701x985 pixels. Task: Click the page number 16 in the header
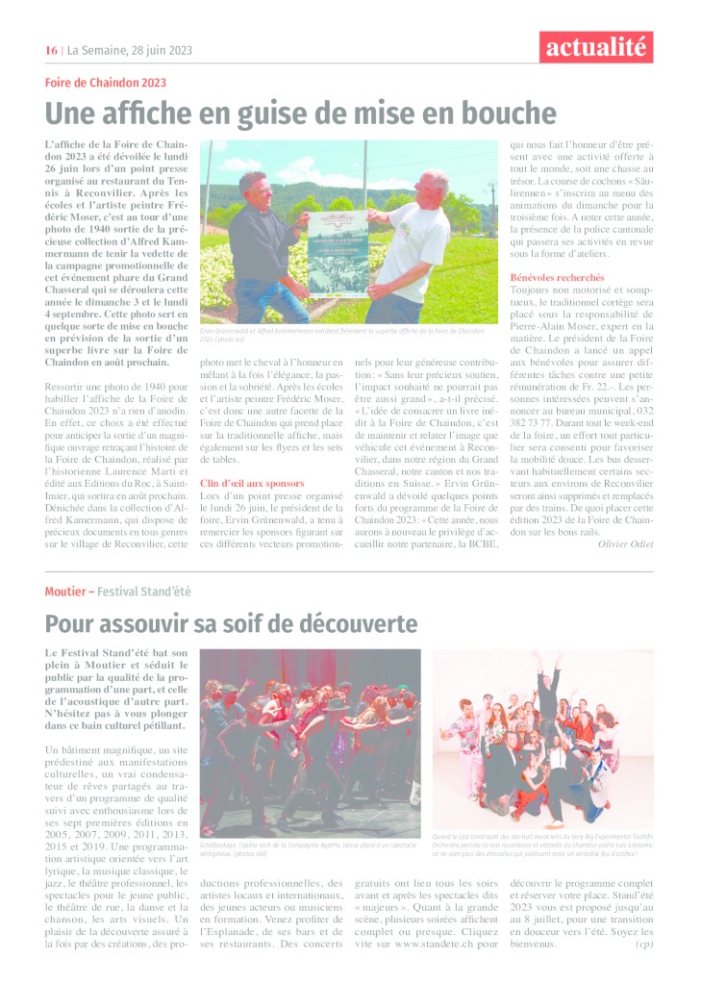(51, 50)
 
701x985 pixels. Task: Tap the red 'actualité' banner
(596, 46)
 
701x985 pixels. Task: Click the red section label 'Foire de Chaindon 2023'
(106, 83)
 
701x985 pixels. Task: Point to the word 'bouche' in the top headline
(510, 114)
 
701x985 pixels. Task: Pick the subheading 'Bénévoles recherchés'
(557, 277)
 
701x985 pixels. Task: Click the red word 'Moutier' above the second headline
(66, 591)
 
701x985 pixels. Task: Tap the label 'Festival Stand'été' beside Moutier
(145, 591)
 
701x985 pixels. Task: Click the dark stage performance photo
(310, 743)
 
